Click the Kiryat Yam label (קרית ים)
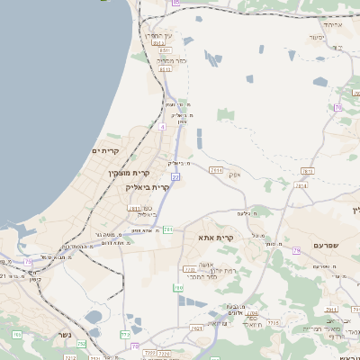click(106, 150)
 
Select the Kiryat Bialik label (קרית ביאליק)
click(148, 186)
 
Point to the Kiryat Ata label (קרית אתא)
click(216, 238)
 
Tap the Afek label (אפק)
click(236, 174)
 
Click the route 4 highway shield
click(162, 128)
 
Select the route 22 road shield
click(175, 177)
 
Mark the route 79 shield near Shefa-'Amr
click(296, 251)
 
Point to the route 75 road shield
click(29, 262)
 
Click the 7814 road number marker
click(216, 169)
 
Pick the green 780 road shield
click(178, 287)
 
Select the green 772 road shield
click(125, 334)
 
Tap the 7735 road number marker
click(274, 322)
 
